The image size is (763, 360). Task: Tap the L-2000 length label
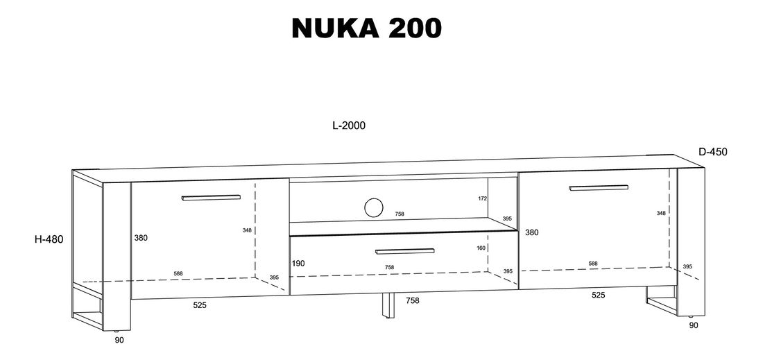[x=348, y=126]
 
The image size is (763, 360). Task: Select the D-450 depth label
[x=712, y=152]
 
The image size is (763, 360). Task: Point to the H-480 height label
[x=49, y=239]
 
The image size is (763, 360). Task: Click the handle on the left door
[x=211, y=198]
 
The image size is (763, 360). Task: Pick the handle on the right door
[x=598, y=187]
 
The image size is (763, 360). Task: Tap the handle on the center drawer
[x=404, y=250]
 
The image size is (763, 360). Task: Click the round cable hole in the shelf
[x=373, y=206]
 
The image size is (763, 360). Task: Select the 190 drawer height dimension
[x=299, y=264]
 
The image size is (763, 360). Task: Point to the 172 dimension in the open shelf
[x=483, y=199]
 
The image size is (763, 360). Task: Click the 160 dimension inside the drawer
[x=481, y=248]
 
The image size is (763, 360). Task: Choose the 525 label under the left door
[x=199, y=305]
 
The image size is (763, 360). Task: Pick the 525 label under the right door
[x=598, y=295]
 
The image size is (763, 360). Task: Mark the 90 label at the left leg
[x=119, y=340]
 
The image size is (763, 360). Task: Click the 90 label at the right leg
[x=693, y=325]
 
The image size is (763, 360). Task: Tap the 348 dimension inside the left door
[x=247, y=230]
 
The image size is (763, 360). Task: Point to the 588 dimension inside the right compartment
[x=593, y=264]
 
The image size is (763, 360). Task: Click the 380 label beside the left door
[x=140, y=238]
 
